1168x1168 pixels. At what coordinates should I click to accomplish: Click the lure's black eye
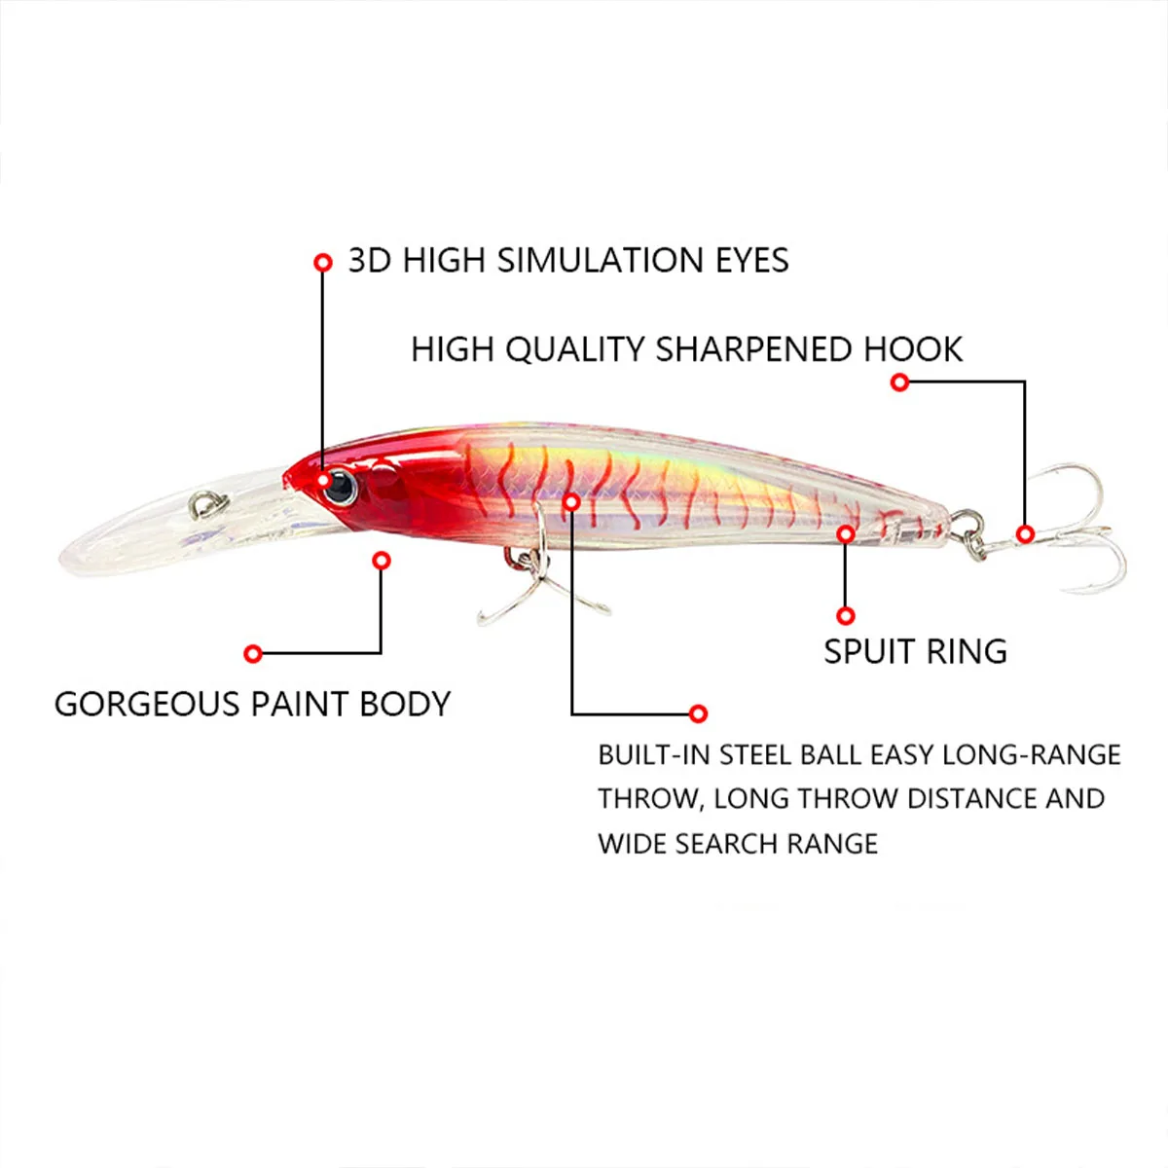[x=340, y=486]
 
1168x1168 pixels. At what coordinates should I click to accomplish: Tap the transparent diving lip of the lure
[x=182, y=527]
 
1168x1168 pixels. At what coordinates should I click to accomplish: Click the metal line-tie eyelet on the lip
[x=209, y=504]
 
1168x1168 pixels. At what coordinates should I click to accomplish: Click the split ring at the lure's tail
[x=967, y=533]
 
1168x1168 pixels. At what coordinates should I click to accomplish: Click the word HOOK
[x=913, y=349]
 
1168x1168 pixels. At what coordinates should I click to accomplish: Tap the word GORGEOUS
[x=147, y=705]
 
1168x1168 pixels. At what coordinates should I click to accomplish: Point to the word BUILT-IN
[x=653, y=755]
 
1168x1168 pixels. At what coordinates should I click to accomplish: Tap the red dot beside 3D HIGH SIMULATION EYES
[x=323, y=263]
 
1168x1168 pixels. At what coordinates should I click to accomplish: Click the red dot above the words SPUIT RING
[x=846, y=616]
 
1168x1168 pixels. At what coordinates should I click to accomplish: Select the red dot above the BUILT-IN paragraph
[x=698, y=713]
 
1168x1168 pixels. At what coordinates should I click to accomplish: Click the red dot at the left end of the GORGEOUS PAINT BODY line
[x=253, y=653]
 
